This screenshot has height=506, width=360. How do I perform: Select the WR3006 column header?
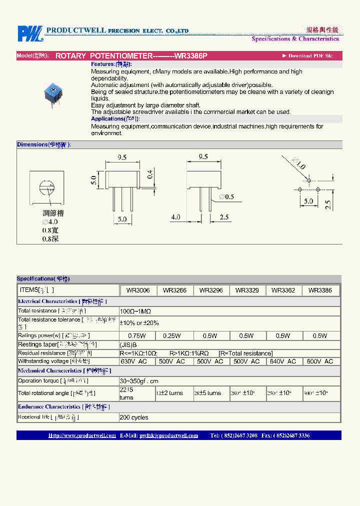pyautogui.click(x=138, y=290)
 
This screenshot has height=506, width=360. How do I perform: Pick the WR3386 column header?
pyautogui.click(x=320, y=290)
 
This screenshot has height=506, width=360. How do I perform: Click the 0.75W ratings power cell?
pyautogui.click(x=137, y=336)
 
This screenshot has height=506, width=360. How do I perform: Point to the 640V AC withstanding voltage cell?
pyautogui.click(x=283, y=361)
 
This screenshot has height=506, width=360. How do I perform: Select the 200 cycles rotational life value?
pyautogui.click(x=133, y=417)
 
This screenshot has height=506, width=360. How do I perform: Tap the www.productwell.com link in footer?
pyautogui.click(x=82, y=435)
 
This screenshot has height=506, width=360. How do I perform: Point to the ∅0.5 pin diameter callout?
pyautogui.click(x=226, y=197)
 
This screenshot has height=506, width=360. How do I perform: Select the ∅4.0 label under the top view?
pyautogui.click(x=50, y=222)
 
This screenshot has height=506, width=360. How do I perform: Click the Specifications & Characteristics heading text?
pyautogui.click(x=295, y=39)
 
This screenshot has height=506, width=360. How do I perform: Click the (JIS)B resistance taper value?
pyautogui.click(x=128, y=345)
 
